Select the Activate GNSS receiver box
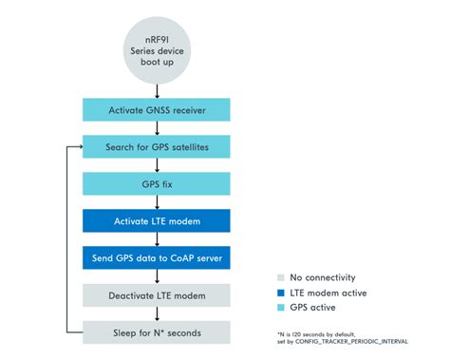point(156,110)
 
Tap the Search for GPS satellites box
point(156,147)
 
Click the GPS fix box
point(156,183)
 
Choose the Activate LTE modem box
point(156,220)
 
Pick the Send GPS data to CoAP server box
point(156,257)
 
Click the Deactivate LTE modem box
point(156,294)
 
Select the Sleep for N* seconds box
point(156,332)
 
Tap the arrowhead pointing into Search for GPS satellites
point(78,147)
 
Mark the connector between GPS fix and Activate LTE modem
point(156,202)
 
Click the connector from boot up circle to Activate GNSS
point(156,89)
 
